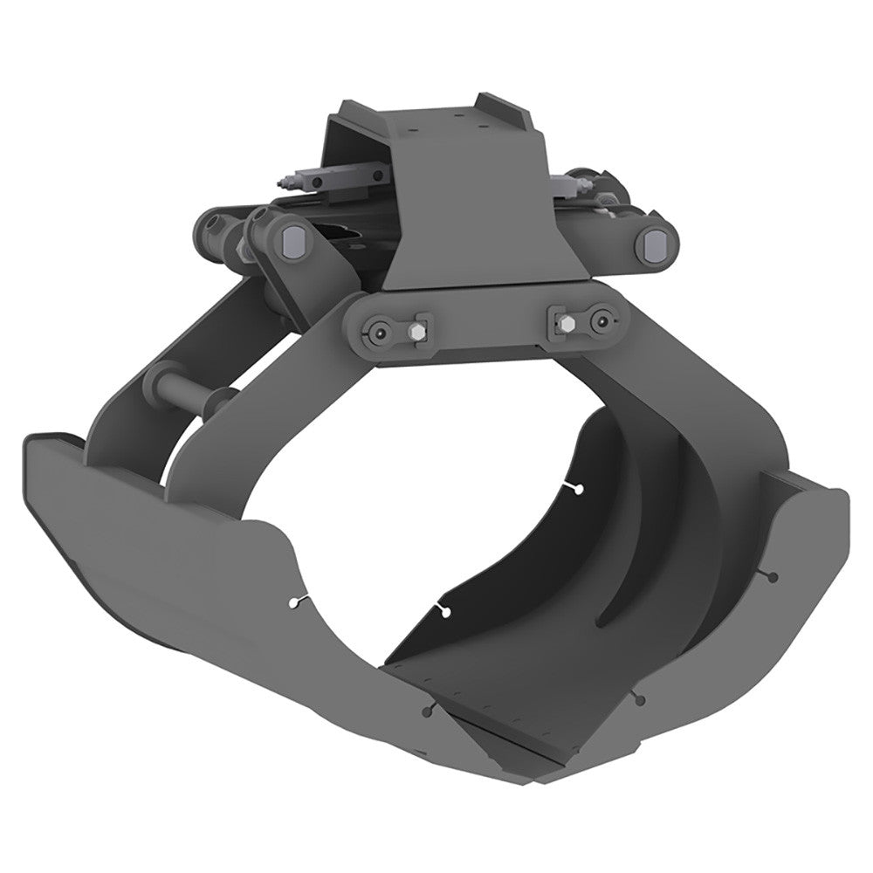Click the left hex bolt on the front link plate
coord(417,332)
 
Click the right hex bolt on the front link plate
coord(562,322)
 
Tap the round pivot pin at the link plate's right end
coord(600,320)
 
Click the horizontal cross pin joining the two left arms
coord(183,390)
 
